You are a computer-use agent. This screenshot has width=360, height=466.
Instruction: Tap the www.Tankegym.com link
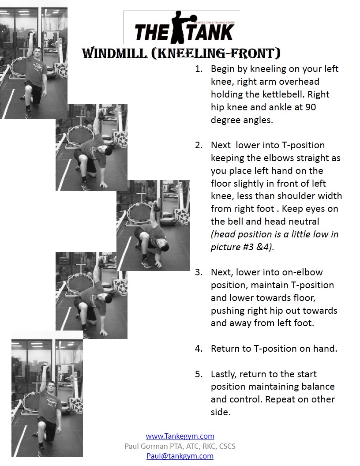pyautogui.click(x=180, y=436)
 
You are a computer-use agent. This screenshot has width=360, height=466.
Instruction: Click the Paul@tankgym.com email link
pyautogui.click(x=180, y=456)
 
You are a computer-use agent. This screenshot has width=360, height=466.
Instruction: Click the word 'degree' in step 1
pyautogui.click(x=225, y=120)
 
